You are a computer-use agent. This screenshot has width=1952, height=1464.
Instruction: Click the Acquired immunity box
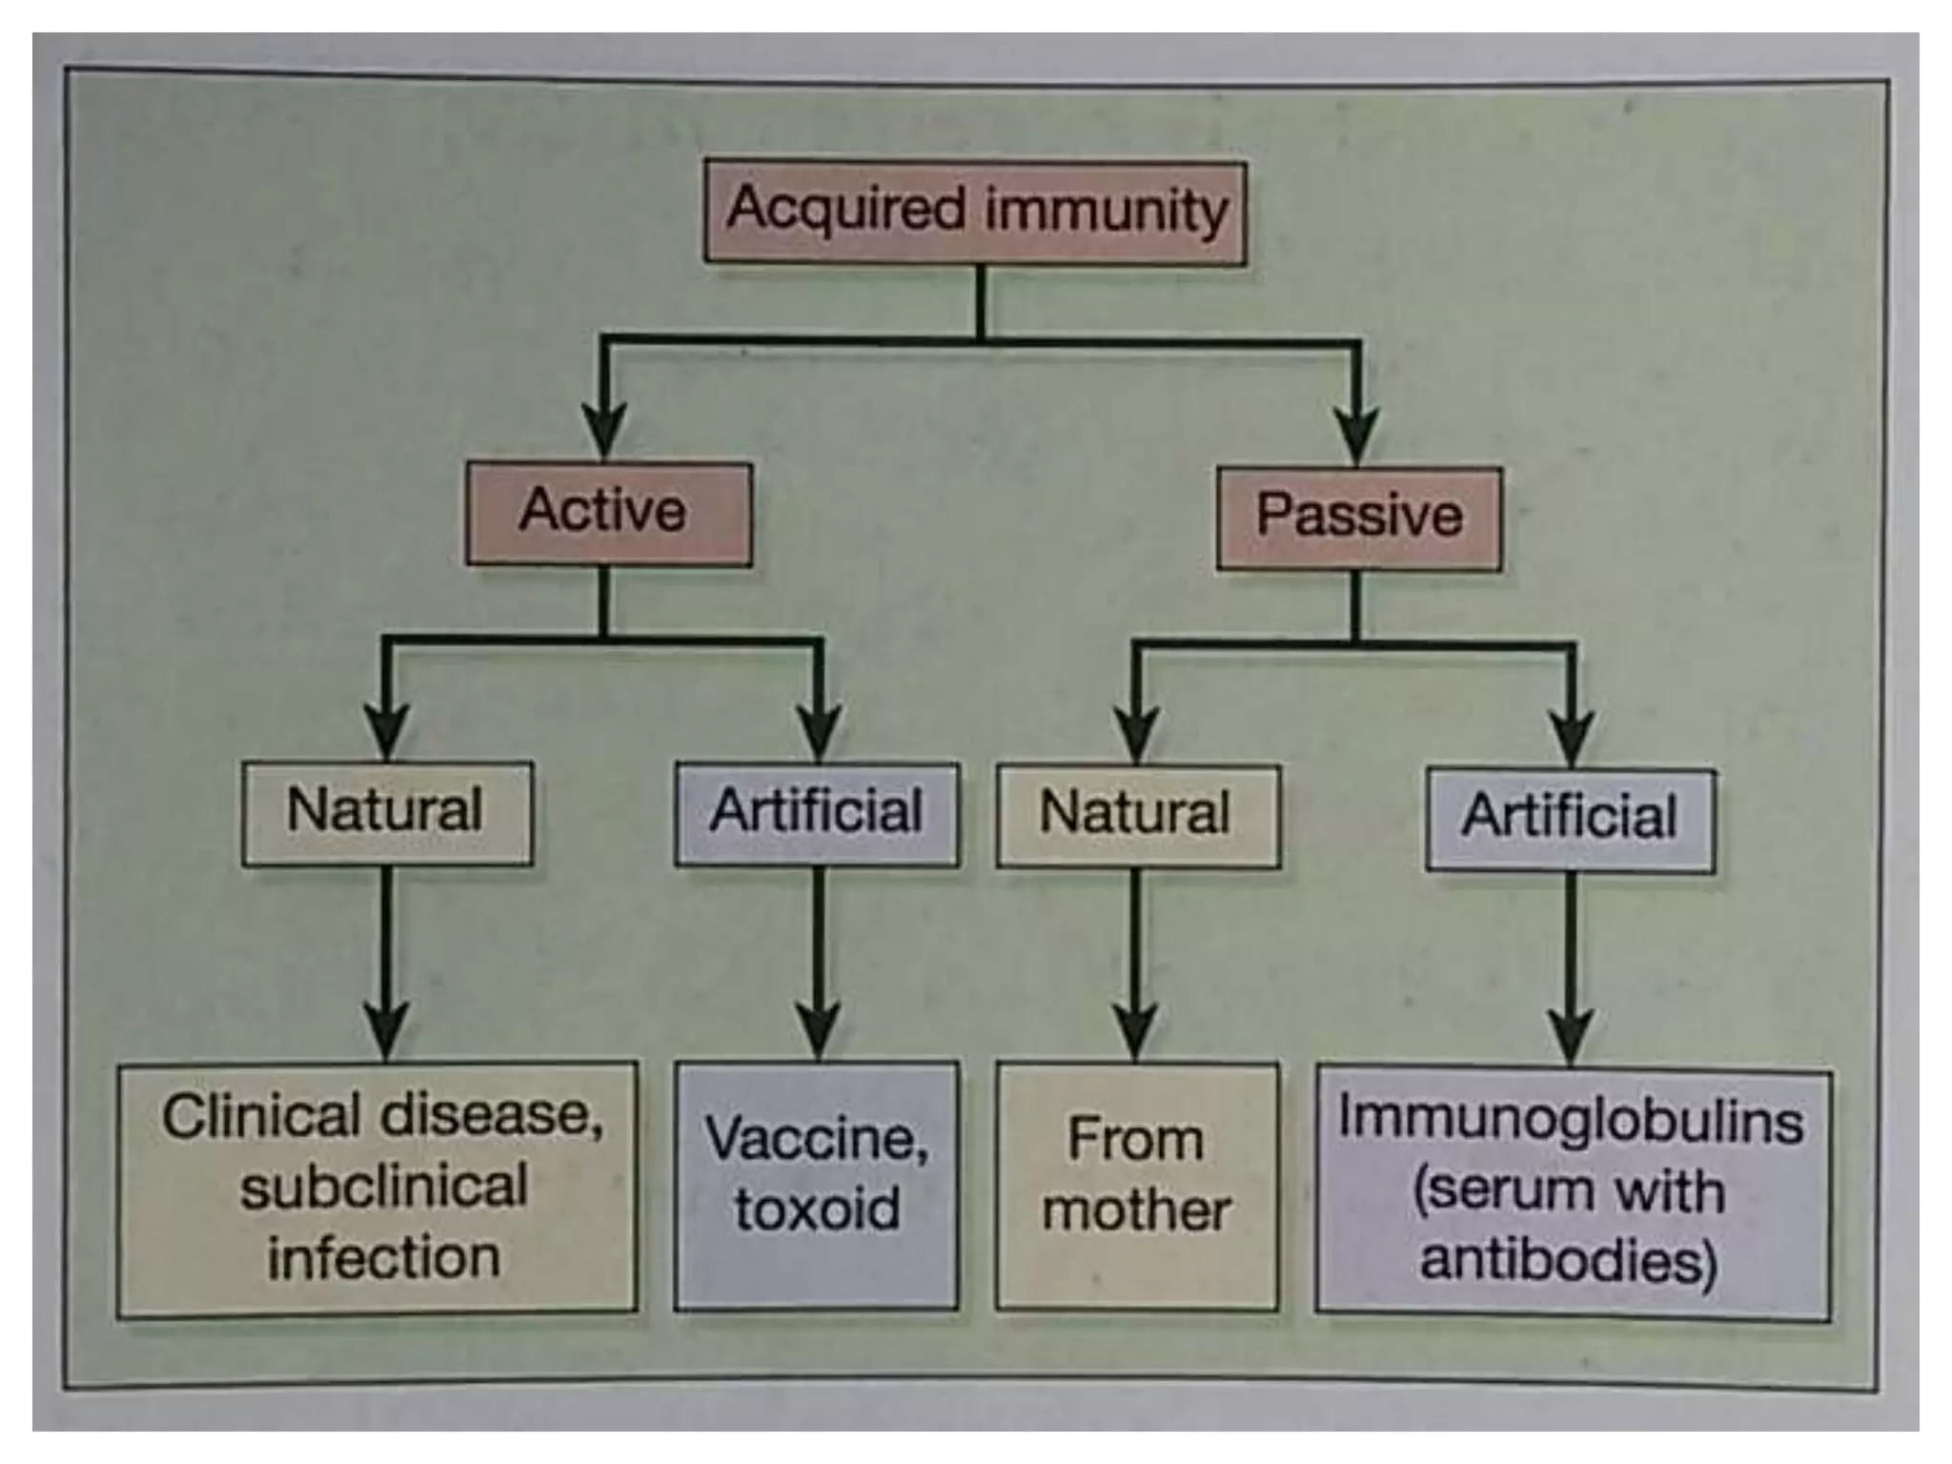(974, 212)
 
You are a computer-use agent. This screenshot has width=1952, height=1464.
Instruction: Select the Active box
(608, 514)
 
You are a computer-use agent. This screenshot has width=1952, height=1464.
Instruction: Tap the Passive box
(1358, 518)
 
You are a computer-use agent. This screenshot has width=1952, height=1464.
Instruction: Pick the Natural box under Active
(387, 812)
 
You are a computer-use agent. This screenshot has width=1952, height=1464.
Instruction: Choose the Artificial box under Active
(816, 814)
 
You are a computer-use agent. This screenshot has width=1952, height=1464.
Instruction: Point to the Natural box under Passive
(1137, 816)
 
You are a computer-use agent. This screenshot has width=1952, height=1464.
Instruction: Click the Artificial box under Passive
(1570, 820)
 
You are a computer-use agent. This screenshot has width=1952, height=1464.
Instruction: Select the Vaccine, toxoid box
(816, 1185)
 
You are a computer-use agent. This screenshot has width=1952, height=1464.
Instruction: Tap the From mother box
(1136, 1186)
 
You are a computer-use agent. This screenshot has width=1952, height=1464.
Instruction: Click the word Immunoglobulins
(1571, 1119)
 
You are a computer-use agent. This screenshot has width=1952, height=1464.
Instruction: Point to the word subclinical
(384, 1188)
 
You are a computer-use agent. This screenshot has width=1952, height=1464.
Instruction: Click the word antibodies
(1567, 1260)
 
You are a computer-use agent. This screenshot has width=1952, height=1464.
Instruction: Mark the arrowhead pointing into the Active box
(604, 429)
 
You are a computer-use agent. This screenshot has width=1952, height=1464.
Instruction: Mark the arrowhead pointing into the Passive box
(1356, 434)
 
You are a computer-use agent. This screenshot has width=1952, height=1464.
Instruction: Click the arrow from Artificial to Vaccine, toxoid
(819, 963)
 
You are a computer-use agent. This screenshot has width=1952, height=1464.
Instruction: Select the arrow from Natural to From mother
(1135, 963)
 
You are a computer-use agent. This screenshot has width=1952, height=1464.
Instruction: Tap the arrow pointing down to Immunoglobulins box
(1571, 967)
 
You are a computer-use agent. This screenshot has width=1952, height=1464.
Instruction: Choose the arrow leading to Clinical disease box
(386, 963)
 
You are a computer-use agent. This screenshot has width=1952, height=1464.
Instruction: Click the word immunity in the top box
(1106, 210)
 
